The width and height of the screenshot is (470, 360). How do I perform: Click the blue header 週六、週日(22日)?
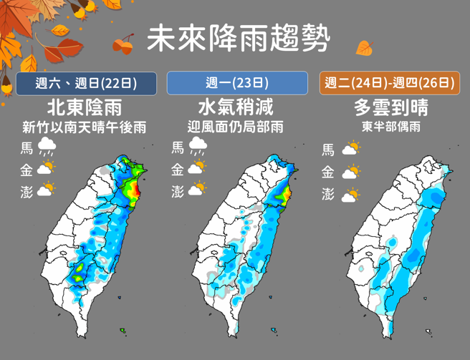coord(86,83)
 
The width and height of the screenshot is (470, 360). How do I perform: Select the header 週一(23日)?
coord(237,83)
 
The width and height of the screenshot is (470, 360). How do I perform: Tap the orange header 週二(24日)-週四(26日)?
coord(389,83)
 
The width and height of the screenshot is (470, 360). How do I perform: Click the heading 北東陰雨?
coord(84,108)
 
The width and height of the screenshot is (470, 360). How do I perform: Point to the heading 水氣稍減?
coord(236,108)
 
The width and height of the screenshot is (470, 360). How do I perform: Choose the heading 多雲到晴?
coord(390,108)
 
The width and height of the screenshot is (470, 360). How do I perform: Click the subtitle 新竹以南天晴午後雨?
coord(84,128)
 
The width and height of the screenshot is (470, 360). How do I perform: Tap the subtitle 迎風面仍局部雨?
coord(236,128)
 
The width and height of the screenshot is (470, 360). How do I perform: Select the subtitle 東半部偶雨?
coord(390,128)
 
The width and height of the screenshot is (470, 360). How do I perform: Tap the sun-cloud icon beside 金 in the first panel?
coord(46,169)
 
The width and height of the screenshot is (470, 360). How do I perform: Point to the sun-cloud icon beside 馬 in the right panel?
coord(350,150)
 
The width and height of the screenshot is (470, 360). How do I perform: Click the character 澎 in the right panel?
coord(328,194)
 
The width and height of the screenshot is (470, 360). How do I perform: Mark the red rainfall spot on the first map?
coord(134,190)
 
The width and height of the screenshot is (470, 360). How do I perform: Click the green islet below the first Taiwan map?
coord(123,330)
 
